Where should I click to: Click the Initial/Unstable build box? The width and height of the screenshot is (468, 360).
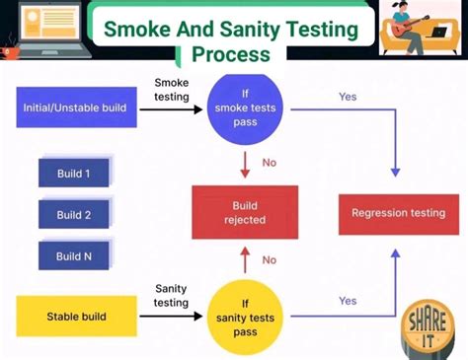pyautogui.click(x=74, y=108)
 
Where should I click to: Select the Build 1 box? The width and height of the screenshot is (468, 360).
pyautogui.click(x=74, y=174)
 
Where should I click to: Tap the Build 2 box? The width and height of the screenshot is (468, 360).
pyautogui.click(x=74, y=214)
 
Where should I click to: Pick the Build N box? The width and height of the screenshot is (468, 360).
pyautogui.click(x=74, y=255)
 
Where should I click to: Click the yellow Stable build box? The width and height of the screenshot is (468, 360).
pyautogui.click(x=74, y=317)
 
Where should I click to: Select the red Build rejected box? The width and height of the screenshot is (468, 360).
pyautogui.click(x=244, y=212)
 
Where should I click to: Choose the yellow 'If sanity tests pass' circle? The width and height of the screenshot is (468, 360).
pyautogui.click(x=243, y=318)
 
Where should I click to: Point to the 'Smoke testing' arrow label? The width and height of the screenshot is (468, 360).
pyautogui.click(x=173, y=90)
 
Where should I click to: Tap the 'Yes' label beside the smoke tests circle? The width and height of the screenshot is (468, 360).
pyautogui.click(x=348, y=98)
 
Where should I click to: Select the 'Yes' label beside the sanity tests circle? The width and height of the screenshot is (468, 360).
pyautogui.click(x=348, y=301)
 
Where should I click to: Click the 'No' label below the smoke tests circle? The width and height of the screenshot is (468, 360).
pyautogui.click(x=269, y=162)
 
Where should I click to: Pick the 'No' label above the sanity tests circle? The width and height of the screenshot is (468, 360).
pyautogui.click(x=269, y=260)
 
